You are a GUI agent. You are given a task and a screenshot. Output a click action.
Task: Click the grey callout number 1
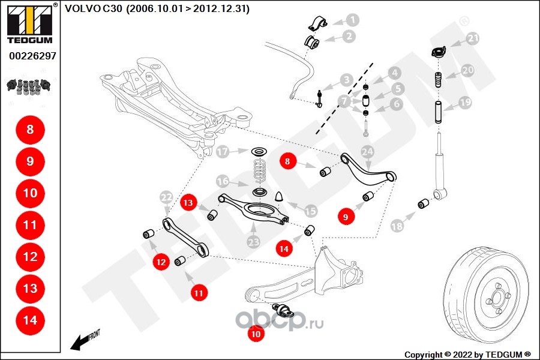352,20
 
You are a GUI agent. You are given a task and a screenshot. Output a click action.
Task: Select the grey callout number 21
473,39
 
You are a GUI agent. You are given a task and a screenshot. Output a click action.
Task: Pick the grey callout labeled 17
223,152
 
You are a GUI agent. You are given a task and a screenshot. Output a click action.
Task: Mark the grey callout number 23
253,242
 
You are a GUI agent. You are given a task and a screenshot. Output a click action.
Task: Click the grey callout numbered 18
397,226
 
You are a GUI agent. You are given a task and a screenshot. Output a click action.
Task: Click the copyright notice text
467,354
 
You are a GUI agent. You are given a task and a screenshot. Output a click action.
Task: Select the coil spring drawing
259,172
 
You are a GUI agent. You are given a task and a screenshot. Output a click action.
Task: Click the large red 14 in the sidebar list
30,320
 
